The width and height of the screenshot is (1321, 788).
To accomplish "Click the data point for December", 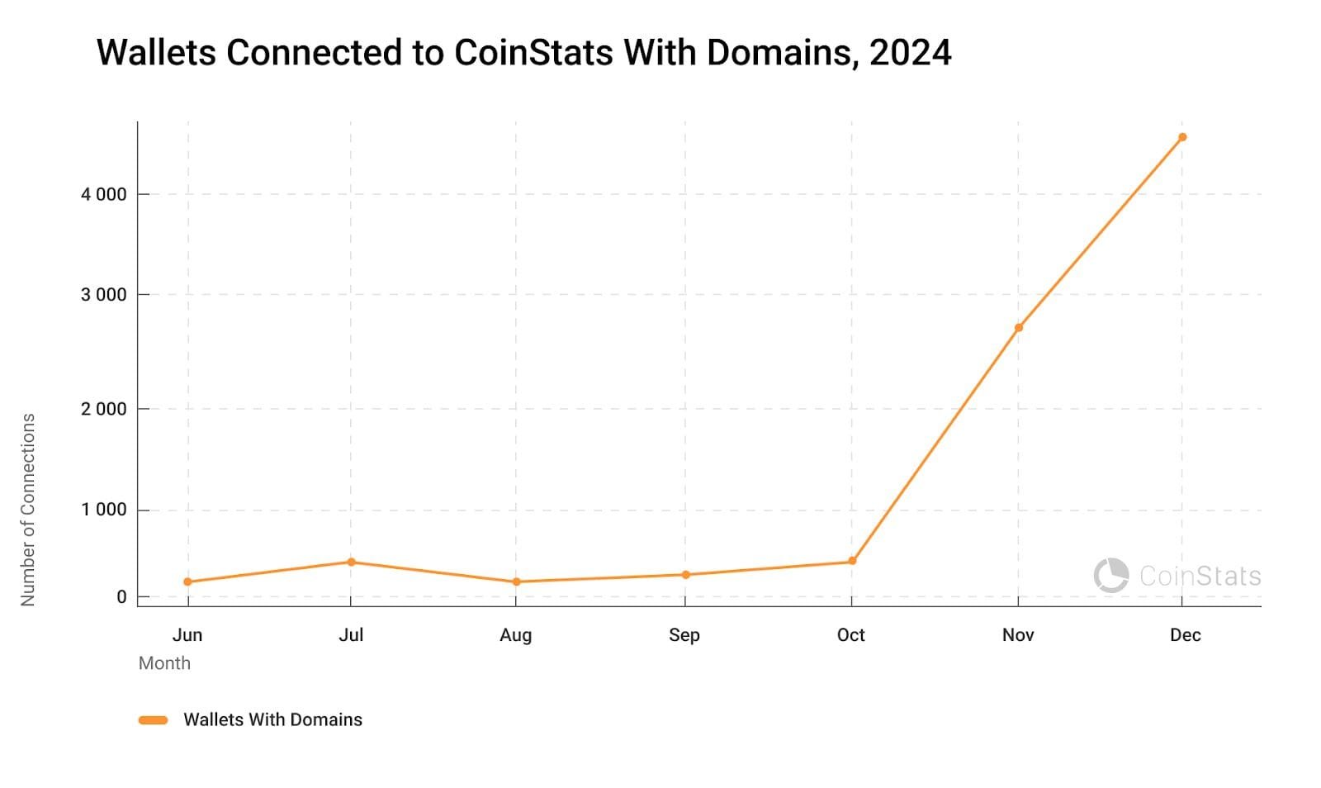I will [x=1182, y=137].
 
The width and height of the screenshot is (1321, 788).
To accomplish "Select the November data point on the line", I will [x=1019, y=328].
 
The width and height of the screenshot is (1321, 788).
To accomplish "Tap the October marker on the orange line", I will [x=852, y=562].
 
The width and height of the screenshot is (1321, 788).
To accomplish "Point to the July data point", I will [x=351, y=563].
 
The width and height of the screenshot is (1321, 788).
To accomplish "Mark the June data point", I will [x=188, y=582].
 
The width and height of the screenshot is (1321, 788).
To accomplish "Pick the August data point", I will [x=517, y=582].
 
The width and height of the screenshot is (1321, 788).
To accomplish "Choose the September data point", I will [x=685, y=575].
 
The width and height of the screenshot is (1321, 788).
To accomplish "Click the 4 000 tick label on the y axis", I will [x=103, y=195].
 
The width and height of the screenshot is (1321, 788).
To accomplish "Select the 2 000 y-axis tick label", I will [x=103, y=409].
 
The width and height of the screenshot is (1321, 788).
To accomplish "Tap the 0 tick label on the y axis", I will [x=121, y=597].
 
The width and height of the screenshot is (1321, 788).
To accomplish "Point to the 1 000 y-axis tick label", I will [x=103, y=510].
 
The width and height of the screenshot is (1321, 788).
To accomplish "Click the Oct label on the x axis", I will [x=850, y=635].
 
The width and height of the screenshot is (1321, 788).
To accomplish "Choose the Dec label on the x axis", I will [x=1185, y=635].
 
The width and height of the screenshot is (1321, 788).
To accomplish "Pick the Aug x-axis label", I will [x=516, y=635].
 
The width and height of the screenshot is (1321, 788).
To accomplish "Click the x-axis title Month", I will [x=164, y=663].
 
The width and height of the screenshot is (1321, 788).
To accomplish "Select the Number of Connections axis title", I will [x=28, y=510].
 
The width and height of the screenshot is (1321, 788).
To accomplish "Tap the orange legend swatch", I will [x=154, y=720].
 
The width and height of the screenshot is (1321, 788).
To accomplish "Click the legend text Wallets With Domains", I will [x=272, y=720].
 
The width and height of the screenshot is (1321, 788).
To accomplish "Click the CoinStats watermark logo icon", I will [x=1111, y=576].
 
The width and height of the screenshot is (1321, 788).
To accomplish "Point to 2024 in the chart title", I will [x=910, y=53].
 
